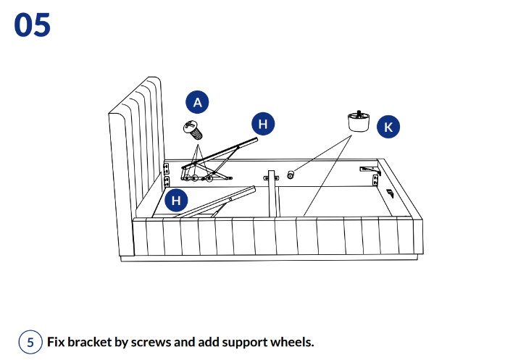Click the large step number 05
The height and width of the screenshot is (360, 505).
32,25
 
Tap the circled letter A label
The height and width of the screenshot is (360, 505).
196,102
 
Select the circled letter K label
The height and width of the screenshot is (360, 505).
388,127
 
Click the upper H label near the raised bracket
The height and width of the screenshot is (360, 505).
262,124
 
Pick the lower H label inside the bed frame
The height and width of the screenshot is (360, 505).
176,200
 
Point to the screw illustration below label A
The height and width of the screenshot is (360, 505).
193,130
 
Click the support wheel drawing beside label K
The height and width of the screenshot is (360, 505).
358,122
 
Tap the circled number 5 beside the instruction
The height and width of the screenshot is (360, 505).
30,342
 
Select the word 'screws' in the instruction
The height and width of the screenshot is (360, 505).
151,342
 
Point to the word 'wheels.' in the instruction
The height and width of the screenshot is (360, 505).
291,342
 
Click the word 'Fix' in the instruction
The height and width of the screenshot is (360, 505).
57,342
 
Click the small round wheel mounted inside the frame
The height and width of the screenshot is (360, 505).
291,175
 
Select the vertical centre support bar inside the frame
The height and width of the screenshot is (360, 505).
272,193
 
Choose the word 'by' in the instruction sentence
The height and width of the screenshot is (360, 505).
121,342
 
